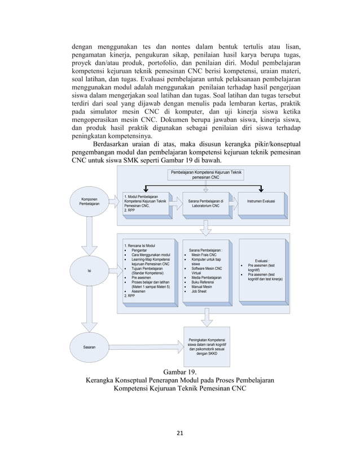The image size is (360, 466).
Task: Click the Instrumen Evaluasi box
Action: (x=261, y=201)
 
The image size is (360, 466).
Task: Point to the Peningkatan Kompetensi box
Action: (x=208, y=346)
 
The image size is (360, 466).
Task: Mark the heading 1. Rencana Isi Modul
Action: (x=142, y=245)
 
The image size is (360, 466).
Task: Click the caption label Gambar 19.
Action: (x=179, y=372)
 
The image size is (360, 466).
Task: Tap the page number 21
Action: (x=180, y=433)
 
